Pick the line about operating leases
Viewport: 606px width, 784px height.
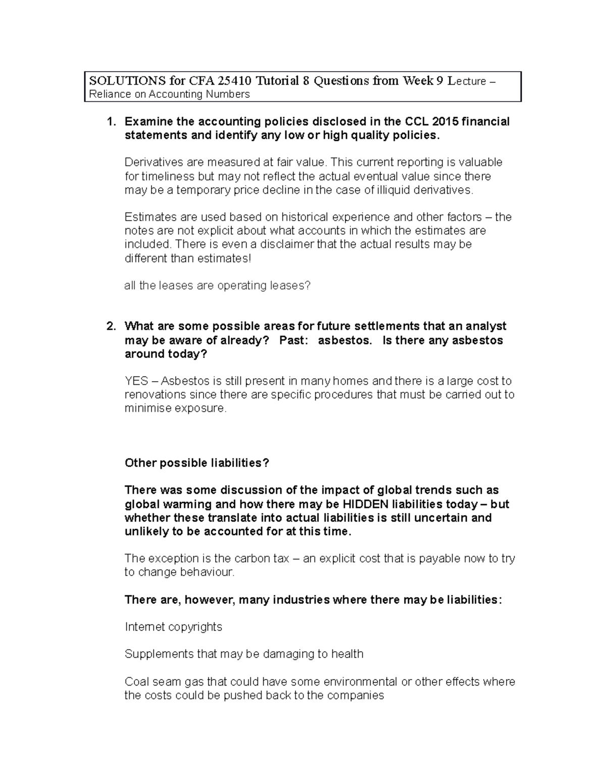[x=217, y=286]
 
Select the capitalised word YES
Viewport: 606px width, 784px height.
[x=136, y=381]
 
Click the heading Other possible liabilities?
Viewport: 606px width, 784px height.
[x=197, y=463]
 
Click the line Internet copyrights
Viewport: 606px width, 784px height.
[x=173, y=627]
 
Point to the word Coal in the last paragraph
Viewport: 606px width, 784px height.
[x=135, y=682]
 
